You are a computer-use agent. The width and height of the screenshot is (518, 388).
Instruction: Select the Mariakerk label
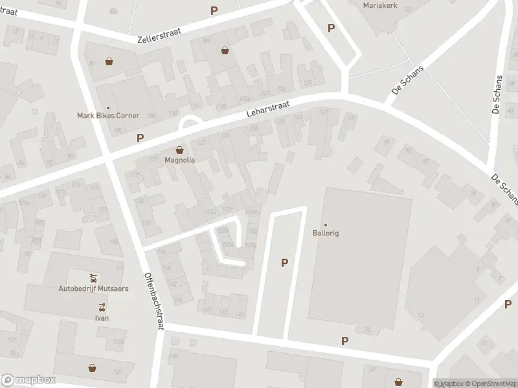380,5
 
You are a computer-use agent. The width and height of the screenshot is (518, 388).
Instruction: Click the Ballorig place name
326,233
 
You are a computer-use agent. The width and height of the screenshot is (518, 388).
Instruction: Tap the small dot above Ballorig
326,224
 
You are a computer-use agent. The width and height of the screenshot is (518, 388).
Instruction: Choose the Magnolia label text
180,160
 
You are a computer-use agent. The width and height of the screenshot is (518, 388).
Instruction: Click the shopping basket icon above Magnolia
180,149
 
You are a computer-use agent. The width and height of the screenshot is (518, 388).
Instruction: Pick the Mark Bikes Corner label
108,116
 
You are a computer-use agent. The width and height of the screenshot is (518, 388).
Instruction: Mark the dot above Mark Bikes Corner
108,107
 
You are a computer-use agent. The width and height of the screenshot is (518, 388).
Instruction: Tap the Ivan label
101,318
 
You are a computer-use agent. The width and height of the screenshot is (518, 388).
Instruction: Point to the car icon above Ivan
101,308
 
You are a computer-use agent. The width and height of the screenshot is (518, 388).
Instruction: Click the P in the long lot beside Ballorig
284,263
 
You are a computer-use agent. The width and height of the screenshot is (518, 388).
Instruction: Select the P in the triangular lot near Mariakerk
331,28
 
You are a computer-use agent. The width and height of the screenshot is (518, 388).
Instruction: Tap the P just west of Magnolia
140,138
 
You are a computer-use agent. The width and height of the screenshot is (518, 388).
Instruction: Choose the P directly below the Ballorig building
344,341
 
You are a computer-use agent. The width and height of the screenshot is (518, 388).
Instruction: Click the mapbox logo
28,380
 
